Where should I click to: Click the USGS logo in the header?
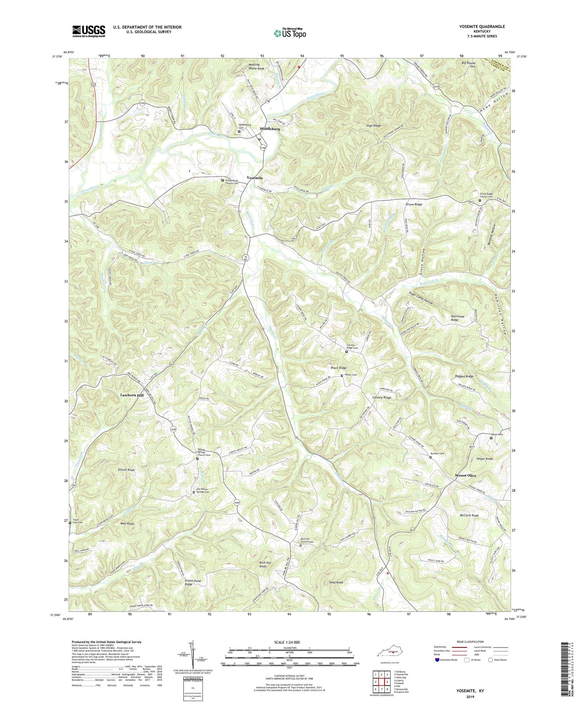coord(89,31)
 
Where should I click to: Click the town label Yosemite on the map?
coord(255,178)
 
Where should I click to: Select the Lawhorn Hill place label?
coord(132,395)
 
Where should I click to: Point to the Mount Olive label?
coord(466,476)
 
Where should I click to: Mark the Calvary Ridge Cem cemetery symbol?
coord(347,352)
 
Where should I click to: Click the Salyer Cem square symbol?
coord(491,438)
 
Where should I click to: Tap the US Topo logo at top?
coord(290,33)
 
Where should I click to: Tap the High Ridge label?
coord(374,126)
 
